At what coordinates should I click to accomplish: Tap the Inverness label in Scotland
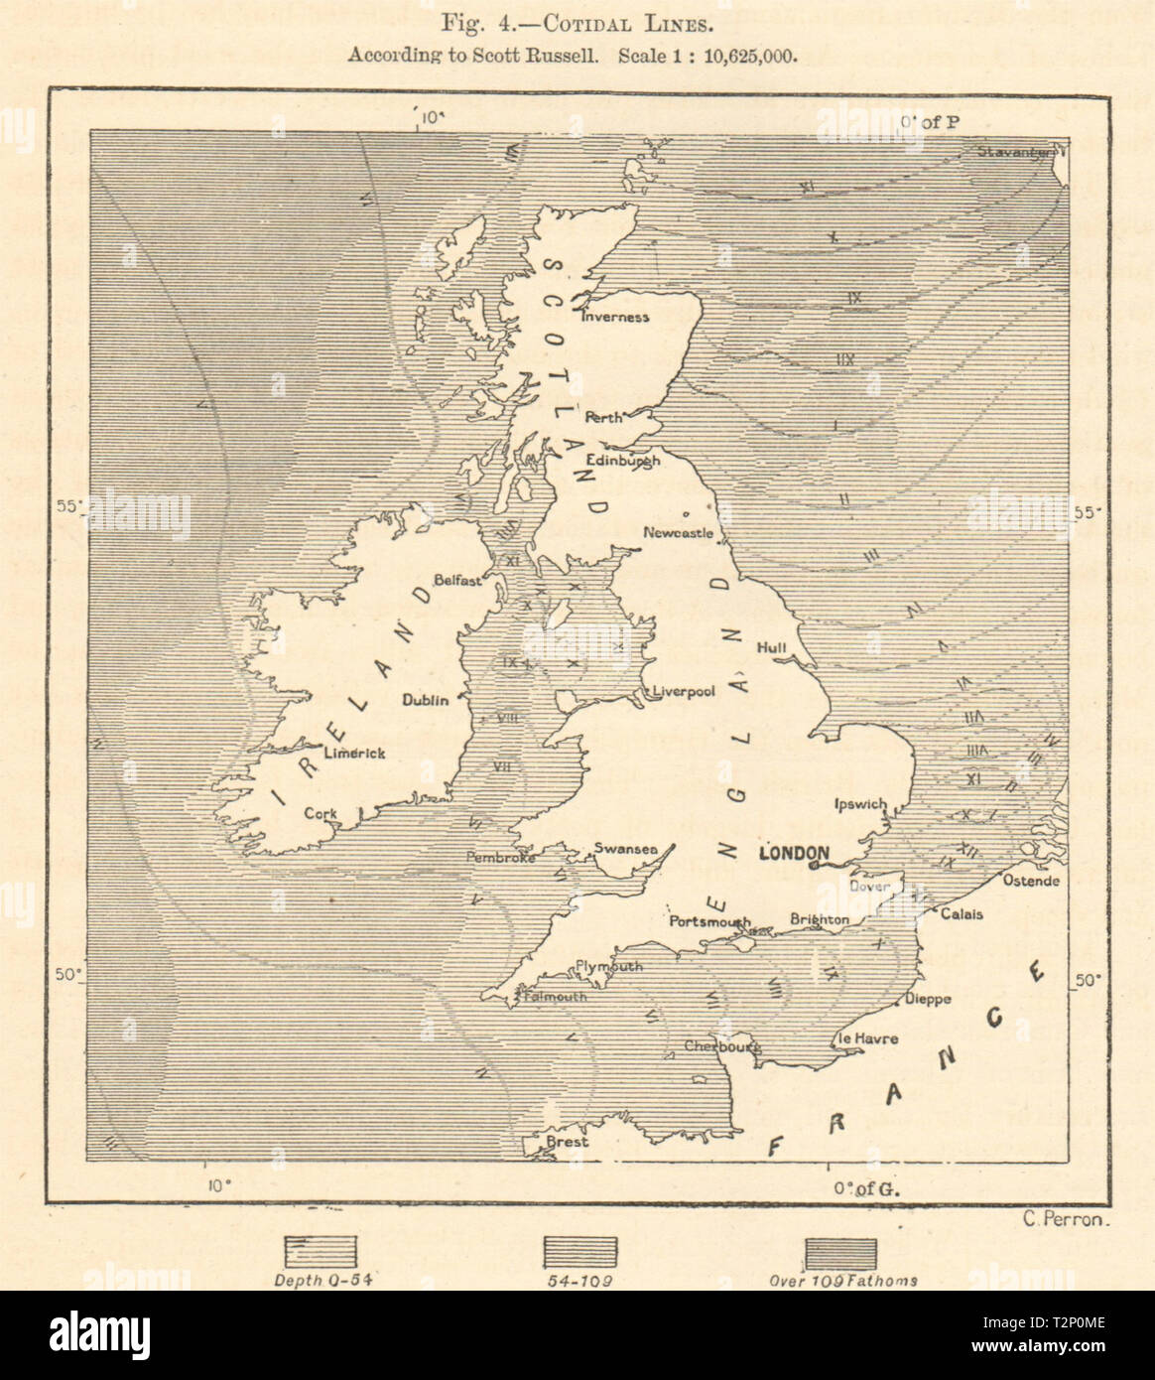pyautogui.click(x=614, y=318)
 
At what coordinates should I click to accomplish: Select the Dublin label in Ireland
pyautogui.click(x=426, y=700)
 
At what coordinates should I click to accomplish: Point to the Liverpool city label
pyautogui.click(x=684, y=691)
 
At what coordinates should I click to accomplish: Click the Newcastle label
pyautogui.click(x=678, y=533)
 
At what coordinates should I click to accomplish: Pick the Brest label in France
pyautogui.click(x=568, y=1142)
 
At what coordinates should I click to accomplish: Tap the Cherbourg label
pyautogui.click(x=722, y=1045)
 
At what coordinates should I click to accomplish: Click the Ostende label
pyautogui.click(x=1031, y=881)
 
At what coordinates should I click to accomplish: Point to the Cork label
pyautogui.click(x=321, y=813)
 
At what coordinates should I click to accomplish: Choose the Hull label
pyautogui.click(x=771, y=647)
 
